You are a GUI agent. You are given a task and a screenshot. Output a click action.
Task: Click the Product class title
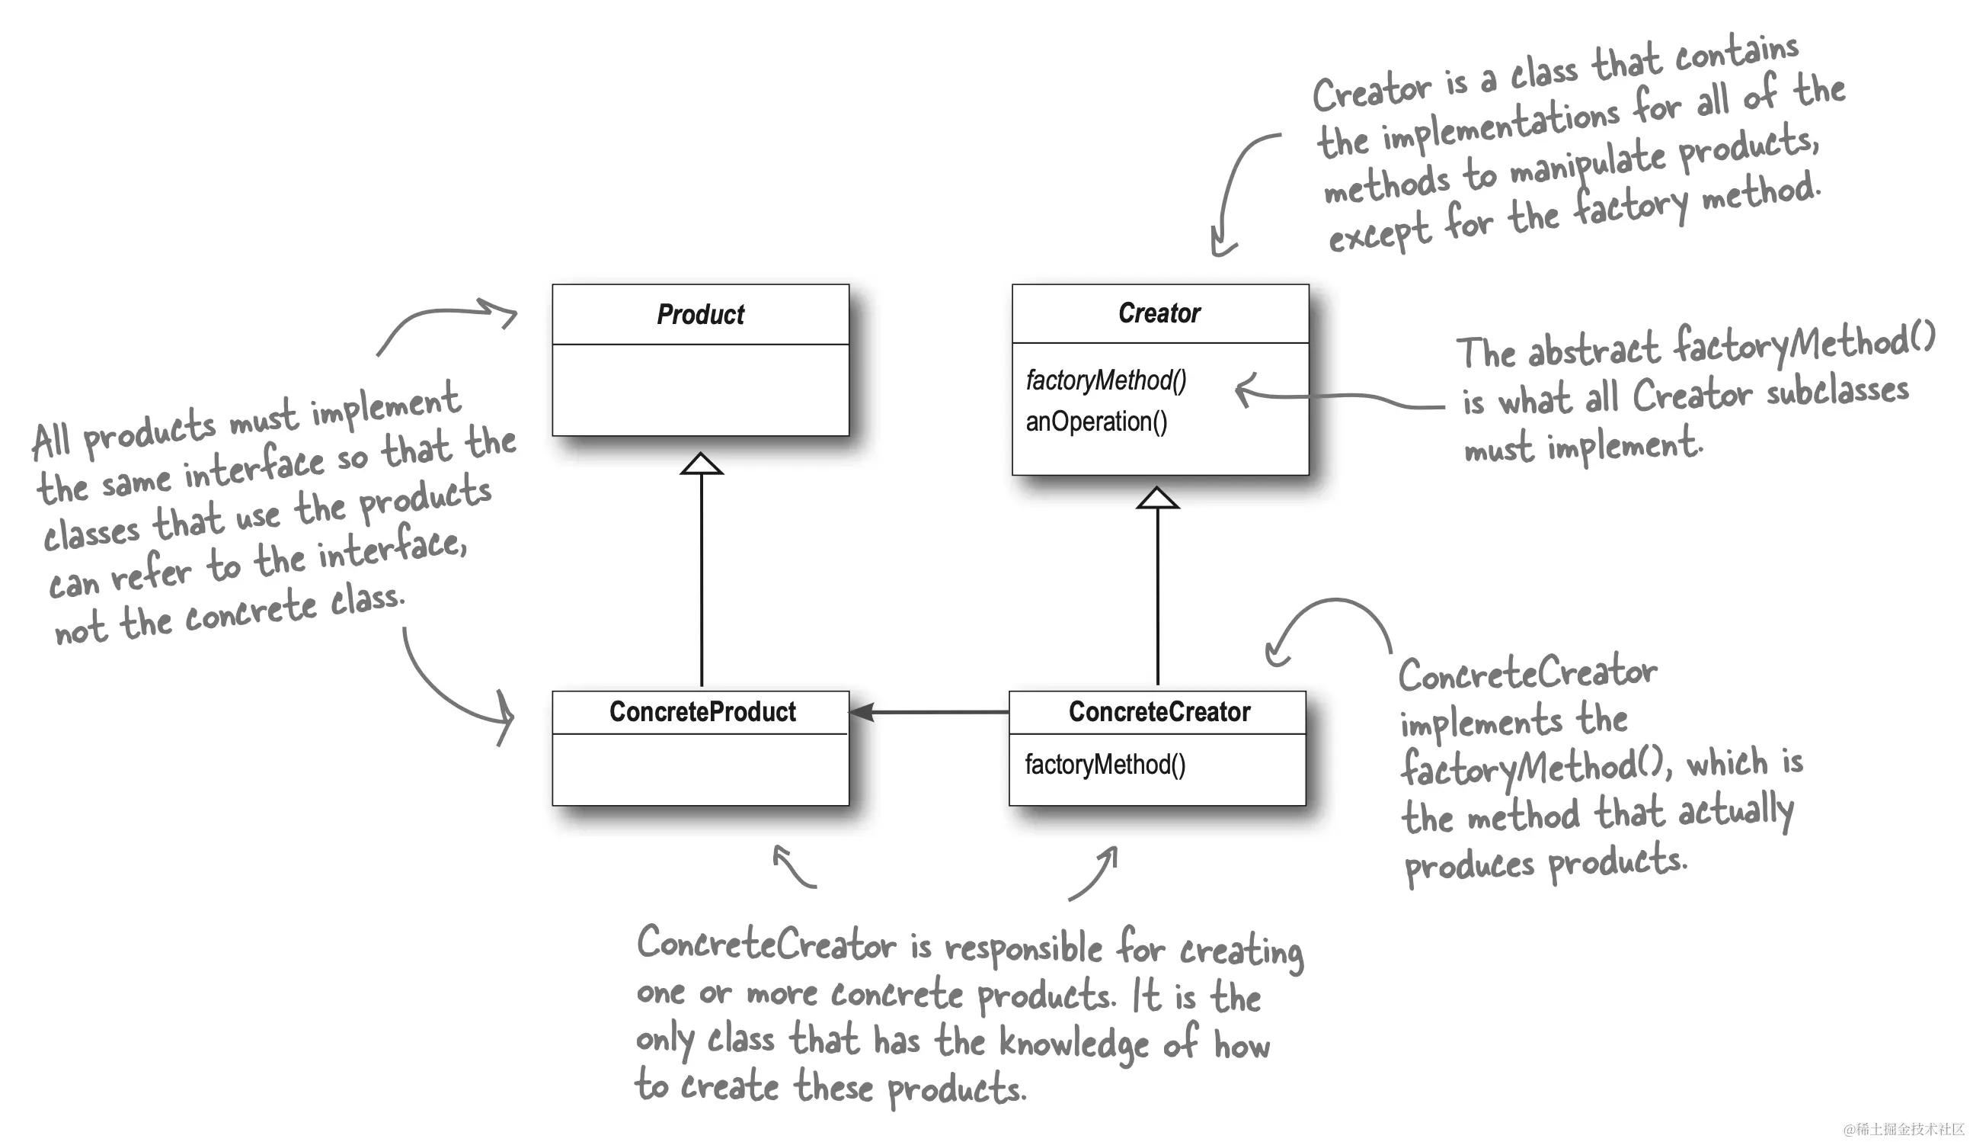[700, 314]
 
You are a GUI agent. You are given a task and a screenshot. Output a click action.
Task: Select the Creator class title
[1159, 313]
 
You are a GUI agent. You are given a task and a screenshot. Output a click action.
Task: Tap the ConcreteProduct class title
[703, 712]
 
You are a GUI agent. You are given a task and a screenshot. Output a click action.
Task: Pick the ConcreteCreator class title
[1159, 712]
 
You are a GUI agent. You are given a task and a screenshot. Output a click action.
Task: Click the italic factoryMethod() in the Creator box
[1106, 381]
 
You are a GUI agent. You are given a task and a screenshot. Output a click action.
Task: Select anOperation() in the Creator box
[1096, 422]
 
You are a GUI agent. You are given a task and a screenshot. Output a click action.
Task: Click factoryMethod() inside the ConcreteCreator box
[1105, 765]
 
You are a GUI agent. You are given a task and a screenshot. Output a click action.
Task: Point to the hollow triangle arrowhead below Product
[701, 463]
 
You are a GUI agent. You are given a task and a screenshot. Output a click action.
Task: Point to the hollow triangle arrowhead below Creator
[1158, 498]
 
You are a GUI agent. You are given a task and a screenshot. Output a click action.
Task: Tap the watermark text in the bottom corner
[1903, 1129]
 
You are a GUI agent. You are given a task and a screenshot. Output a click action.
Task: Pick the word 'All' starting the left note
[52, 441]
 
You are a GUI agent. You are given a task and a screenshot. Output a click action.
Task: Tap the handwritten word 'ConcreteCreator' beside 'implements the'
[1527, 673]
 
